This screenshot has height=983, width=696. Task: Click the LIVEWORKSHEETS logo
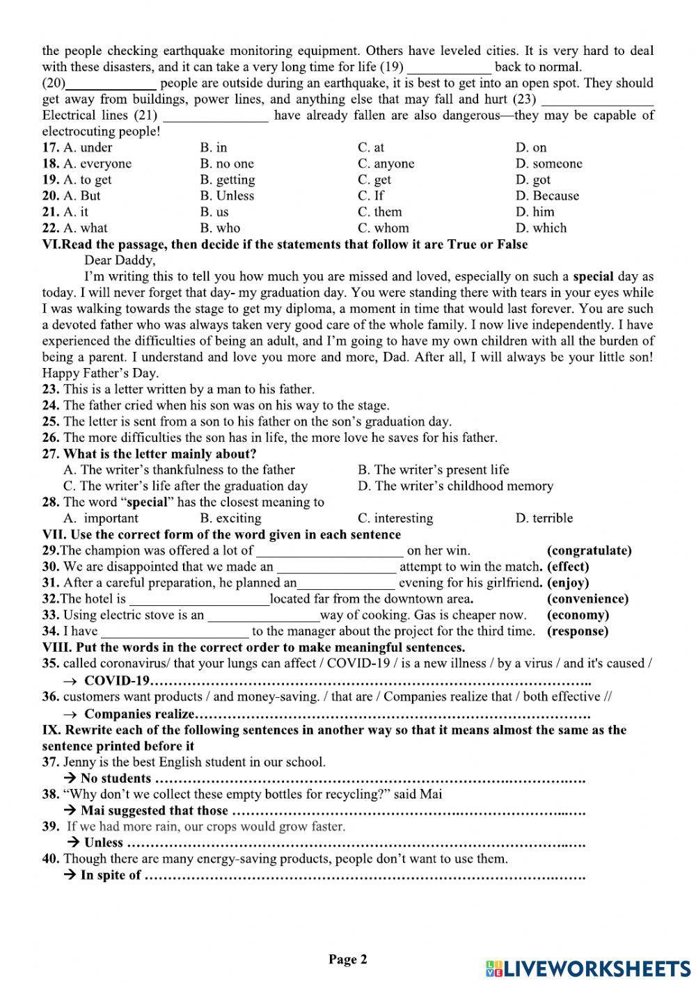pyautogui.click(x=588, y=968)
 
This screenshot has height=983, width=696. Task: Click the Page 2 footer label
pyautogui.click(x=347, y=959)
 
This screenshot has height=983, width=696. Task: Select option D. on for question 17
pyautogui.click(x=531, y=147)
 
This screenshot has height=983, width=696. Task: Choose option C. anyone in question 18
pyautogui.click(x=386, y=163)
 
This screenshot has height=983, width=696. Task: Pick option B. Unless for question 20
pyautogui.click(x=227, y=195)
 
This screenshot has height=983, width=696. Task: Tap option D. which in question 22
pyautogui.click(x=541, y=227)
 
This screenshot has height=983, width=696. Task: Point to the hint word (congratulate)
pyautogui.click(x=590, y=550)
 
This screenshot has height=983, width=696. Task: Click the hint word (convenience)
pyautogui.click(x=587, y=598)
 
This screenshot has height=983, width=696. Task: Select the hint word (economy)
pyautogui.click(x=578, y=615)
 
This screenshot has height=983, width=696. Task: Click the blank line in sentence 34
pyautogui.click(x=175, y=632)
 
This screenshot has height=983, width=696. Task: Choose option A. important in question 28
pyautogui.click(x=101, y=518)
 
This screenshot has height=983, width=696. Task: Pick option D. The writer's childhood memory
pyautogui.click(x=455, y=486)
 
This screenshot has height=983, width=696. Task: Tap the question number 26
pyautogui.click(x=51, y=438)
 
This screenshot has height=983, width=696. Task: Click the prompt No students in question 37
pyautogui.click(x=115, y=778)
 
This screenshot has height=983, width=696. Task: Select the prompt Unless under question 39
pyautogui.click(x=102, y=842)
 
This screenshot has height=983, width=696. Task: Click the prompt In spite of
pyautogui.click(x=110, y=875)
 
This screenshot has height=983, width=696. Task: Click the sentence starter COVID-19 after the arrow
pyautogui.click(x=116, y=680)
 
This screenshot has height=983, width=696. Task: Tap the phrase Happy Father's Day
pyautogui.click(x=100, y=373)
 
